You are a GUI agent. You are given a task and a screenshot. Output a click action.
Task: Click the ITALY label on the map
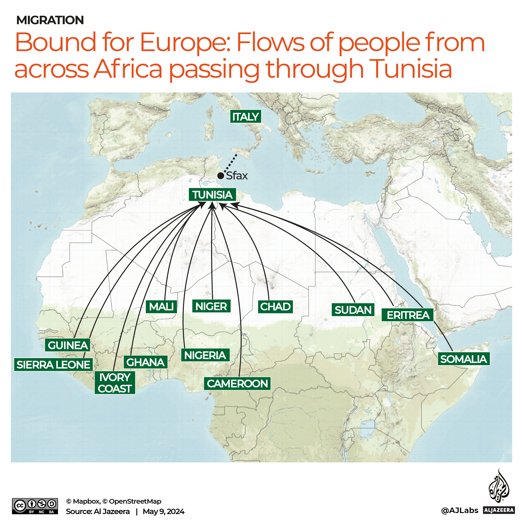(246, 117)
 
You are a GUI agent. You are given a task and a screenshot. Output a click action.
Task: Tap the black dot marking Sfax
(221, 176)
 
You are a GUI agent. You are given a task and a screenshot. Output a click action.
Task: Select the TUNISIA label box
(212, 195)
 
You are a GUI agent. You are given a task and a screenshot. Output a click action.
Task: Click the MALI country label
(161, 307)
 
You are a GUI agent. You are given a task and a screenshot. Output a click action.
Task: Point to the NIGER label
(211, 307)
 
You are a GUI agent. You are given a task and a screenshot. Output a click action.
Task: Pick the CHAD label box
(275, 307)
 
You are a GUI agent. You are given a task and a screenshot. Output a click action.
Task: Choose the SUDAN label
(353, 310)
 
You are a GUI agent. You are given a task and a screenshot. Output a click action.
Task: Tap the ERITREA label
(408, 315)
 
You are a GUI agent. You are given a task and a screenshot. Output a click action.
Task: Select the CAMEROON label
(237, 384)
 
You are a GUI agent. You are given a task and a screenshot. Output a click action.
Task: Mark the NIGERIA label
(205, 355)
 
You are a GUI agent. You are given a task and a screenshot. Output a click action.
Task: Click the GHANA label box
(145, 362)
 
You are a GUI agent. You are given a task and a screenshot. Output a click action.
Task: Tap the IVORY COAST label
(115, 383)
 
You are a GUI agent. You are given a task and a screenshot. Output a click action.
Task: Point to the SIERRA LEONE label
(53, 365)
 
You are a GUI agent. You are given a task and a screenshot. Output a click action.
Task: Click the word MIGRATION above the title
(50, 20)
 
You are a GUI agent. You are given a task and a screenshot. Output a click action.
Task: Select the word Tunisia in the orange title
(411, 69)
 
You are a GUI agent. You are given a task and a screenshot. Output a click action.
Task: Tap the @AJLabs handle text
(459, 510)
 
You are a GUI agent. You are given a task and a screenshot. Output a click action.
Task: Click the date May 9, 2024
(163, 511)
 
